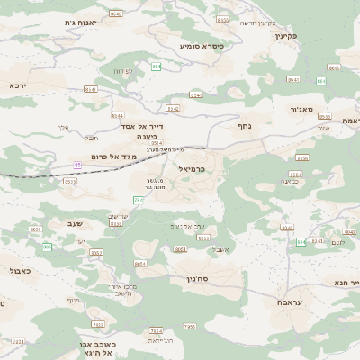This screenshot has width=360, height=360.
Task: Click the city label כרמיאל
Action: click(186, 168)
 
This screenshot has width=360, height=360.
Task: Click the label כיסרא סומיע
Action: click(201, 44)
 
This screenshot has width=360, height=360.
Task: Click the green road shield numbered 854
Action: click(157, 67)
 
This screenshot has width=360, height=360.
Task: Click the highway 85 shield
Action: click(77, 165)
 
